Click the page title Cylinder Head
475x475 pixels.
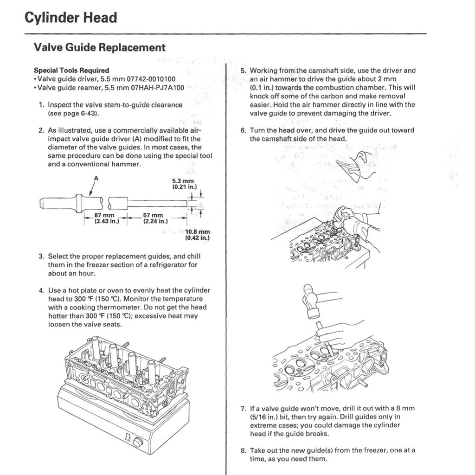(70, 18)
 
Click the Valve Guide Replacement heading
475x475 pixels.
(99, 47)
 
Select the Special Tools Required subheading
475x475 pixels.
(71, 71)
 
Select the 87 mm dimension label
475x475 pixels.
(103, 215)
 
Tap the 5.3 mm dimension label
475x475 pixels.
(182, 181)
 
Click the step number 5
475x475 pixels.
(243, 71)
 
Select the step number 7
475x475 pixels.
(243, 409)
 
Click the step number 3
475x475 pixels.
(41, 257)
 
